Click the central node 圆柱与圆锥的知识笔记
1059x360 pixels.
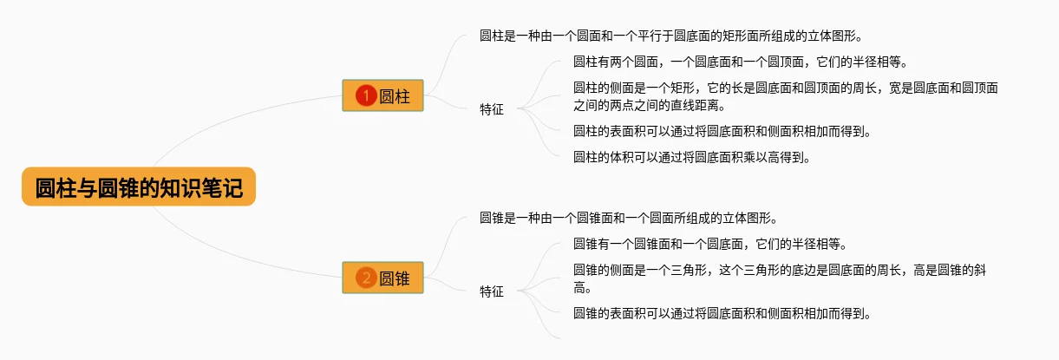tap(139, 187)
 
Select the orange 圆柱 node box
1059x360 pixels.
tap(382, 95)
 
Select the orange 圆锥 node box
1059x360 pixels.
tap(382, 278)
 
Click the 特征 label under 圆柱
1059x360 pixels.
tap(492, 109)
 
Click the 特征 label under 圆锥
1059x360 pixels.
tap(492, 291)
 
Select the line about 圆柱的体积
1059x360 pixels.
tap(691, 158)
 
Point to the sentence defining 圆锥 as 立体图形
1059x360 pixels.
tap(628, 218)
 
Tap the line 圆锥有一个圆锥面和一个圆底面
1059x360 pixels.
tap(709, 244)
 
